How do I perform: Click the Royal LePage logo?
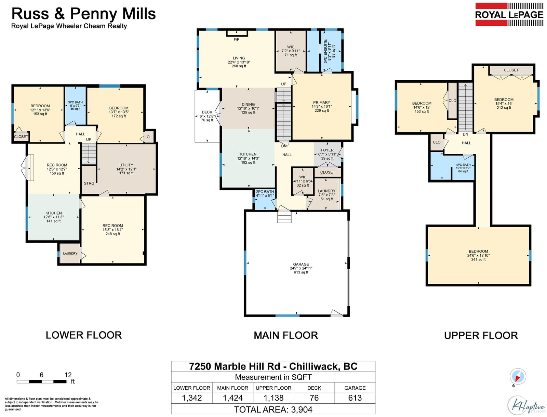[509, 14]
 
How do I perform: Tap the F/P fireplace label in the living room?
[236, 40]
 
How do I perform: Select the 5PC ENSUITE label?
[325, 52]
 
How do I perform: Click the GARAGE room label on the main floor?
[301, 264]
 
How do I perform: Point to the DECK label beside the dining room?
[207, 112]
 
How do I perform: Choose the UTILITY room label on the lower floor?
[126, 165]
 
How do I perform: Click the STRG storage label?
[89, 183]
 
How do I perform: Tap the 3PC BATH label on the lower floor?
[75, 103]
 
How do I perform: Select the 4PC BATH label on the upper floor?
[463, 165]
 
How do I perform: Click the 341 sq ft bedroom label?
[478, 259]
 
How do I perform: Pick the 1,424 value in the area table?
[232, 398]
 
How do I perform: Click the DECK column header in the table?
[314, 388]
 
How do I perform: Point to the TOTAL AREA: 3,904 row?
[273, 409]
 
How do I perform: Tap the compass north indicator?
[518, 377]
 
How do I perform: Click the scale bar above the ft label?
[42, 381]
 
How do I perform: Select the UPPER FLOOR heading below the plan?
[481, 335]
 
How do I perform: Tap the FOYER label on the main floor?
[327, 150]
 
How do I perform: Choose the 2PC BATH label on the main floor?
[265, 191]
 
